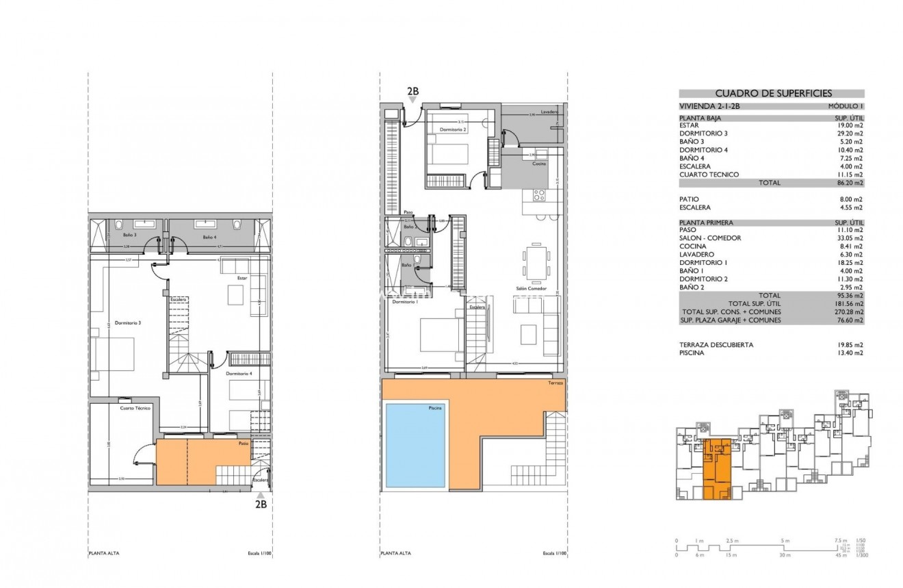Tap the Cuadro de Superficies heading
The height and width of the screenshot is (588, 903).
771,94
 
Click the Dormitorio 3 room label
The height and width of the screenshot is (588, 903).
127,322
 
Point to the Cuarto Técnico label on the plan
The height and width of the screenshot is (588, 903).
135,408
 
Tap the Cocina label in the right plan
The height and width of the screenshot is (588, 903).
538,163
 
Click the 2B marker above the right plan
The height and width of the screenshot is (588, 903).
413,91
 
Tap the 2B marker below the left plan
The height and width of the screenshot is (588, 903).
261,504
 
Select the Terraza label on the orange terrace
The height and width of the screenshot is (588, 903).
555,384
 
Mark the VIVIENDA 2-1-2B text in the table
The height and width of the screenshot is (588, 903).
709,107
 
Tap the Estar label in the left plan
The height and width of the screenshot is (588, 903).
242,279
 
